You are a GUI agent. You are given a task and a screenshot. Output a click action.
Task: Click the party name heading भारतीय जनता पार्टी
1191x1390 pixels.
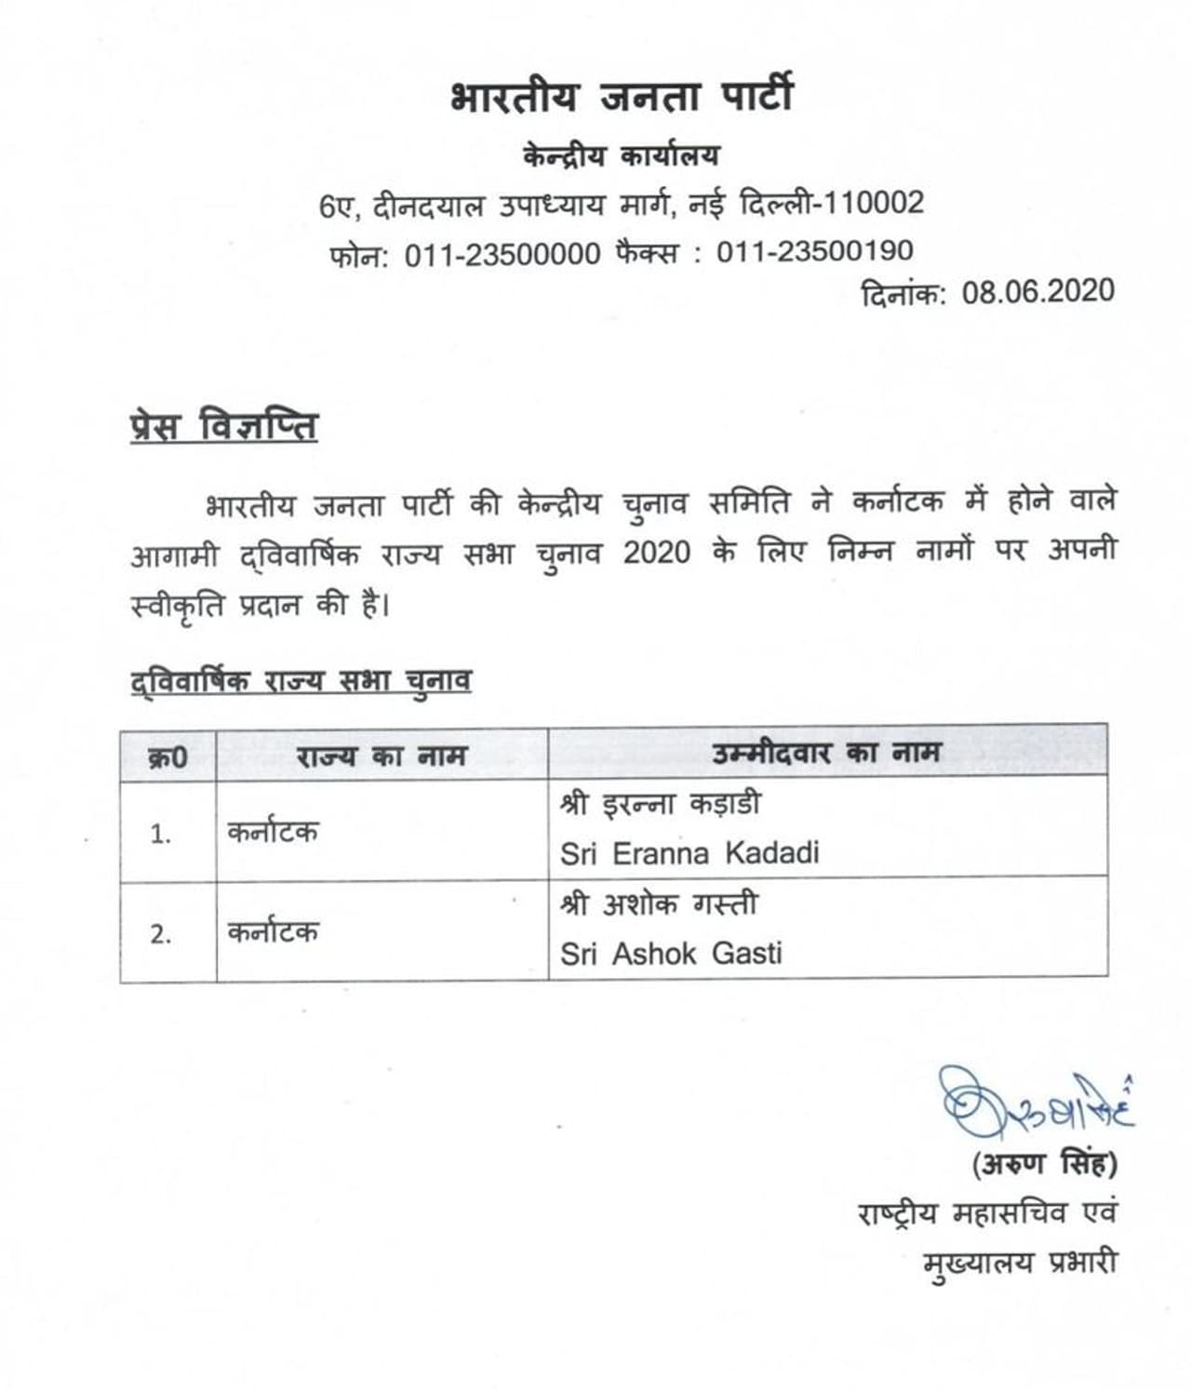point(621,97)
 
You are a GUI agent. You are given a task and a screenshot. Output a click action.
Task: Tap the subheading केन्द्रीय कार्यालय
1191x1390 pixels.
point(621,154)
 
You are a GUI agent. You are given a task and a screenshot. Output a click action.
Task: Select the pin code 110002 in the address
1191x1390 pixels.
point(875,203)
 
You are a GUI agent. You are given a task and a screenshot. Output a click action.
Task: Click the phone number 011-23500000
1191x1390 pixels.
point(502,253)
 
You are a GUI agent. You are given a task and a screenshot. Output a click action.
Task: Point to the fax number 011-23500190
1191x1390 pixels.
point(814,251)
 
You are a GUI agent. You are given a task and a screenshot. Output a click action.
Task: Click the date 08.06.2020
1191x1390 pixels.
point(1037,292)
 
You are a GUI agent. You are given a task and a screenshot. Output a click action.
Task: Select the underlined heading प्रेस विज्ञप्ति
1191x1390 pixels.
point(223,427)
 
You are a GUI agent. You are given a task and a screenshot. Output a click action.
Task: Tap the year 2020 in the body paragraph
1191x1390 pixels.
point(656,553)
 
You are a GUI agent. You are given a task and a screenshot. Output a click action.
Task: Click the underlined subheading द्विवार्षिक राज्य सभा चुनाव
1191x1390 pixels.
point(301,681)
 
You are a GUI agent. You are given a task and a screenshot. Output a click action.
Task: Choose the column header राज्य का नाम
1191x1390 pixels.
point(381,755)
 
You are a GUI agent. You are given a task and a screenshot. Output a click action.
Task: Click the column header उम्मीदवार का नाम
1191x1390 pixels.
point(826,752)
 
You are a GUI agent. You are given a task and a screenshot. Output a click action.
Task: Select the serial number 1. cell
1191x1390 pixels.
point(161,834)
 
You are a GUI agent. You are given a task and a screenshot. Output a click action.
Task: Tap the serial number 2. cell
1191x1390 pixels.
point(161,933)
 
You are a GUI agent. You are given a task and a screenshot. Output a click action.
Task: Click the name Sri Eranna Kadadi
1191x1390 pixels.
point(689,853)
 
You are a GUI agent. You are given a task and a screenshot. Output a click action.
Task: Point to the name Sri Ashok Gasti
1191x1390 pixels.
point(670,953)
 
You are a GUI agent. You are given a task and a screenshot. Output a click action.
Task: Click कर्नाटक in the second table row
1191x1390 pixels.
point(273,932)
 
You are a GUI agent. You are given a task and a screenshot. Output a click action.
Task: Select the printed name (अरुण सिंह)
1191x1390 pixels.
point(1044,1163)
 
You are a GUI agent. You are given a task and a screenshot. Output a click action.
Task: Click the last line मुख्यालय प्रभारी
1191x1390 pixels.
point(1020,1263)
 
